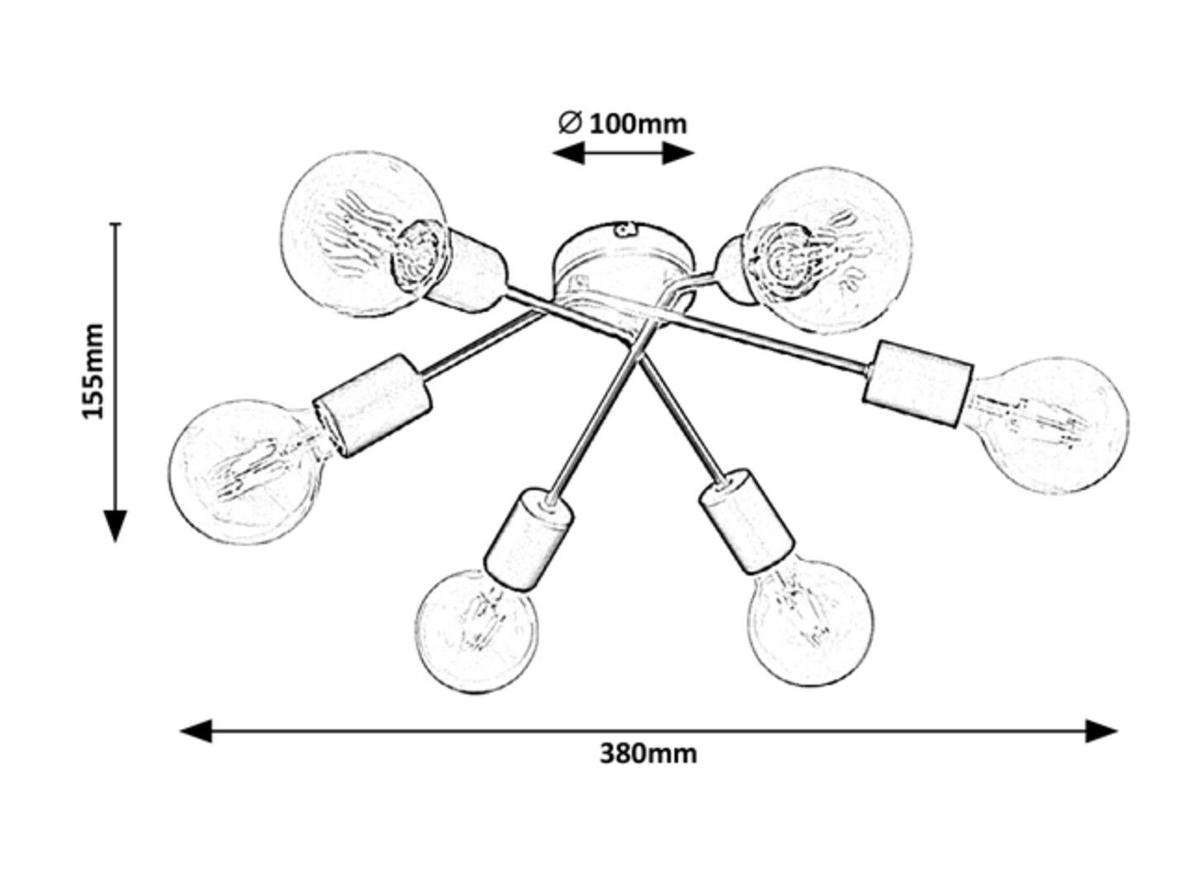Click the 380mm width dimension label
coord(648,754)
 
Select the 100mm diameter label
coord(637,125)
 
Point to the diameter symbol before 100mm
coord(570,124)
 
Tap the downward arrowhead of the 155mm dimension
coord(116,526)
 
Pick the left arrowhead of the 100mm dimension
coord(568,153)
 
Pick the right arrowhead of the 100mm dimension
coord(679,153)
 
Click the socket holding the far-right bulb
coord(917,384)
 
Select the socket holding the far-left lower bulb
coord(373,406)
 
